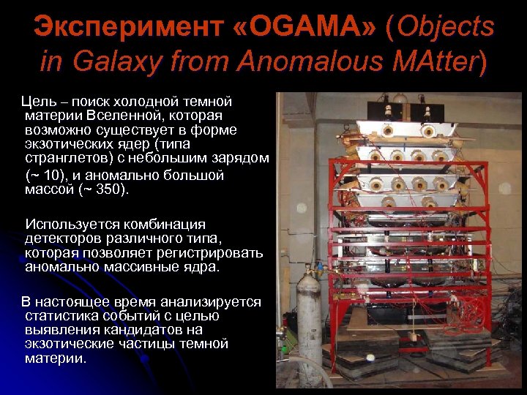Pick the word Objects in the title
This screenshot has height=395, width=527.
pos(447,27)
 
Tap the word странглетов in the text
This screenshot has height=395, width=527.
pos(66,158)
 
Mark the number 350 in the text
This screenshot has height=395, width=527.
pos(110,190)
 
